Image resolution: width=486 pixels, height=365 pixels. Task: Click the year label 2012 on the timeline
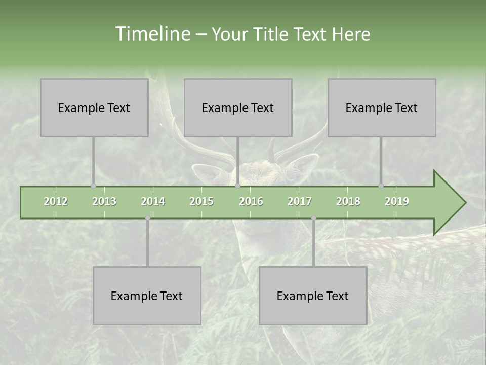pyautogui.click(x=56, y=201)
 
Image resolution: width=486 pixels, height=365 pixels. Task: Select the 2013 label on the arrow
pyautogui.click(x=104, y=201)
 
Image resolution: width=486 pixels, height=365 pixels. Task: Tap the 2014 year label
pyautogui.click(x=153, y=201)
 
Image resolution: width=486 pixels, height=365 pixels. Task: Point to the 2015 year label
pyautogui.click(x=201, y=201)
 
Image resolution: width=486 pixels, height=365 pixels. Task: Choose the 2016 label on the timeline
pyautogui.click(x=251, y=201)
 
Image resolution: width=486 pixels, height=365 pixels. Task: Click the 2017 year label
pyautogui.click(x=300, y=201)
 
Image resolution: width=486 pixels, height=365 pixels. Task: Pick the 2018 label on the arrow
pyautogui.click(x=348, y=201)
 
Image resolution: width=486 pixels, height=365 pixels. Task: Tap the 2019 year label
pyautogui.click(x=397, y=201)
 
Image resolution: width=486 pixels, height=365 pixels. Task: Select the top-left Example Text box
pyautogui.click(x=94, y=107)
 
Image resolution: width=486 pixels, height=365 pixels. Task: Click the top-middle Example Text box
pyautogui.click(x=238, y=107)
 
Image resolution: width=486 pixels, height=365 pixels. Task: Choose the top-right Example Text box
pyautogui.click(x=382, y=107)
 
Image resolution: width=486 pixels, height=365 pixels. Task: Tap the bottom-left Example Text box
pyautogui.click(x=147, y=296)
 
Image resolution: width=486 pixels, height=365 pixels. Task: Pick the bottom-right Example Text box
pyautogui.click(x=313, y=296)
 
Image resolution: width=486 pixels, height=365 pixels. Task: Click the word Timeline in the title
pyautogui.click(x=152, y=34)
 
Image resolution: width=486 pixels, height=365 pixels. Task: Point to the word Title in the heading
pyautogui.click(x=273, y=34)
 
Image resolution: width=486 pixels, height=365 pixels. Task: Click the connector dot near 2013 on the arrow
pyautogui.click(x=93, y=186)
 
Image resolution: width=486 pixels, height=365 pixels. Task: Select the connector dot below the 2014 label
pyautogui.click(x=147, y=218)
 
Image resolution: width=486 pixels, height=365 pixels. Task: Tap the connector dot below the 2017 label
pyautogui.click(x=313, y=218)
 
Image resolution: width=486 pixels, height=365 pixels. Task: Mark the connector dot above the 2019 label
pyautogui.click(x=381, y=186)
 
